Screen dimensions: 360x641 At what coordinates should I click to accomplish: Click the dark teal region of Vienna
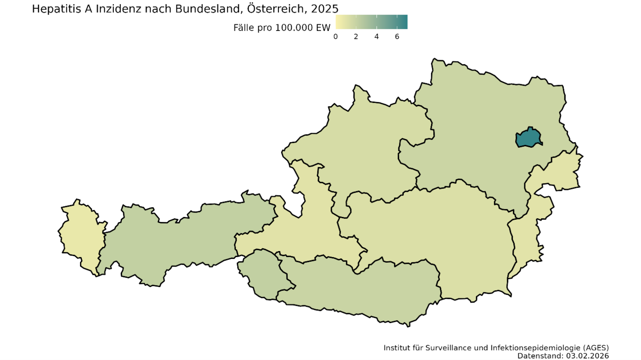(x=529, y=138)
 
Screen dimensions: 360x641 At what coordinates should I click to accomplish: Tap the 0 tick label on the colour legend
(x=335, y=37)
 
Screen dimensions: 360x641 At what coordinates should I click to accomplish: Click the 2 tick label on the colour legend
(x=356, y=37)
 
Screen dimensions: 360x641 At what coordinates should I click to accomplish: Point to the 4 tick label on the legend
(x=377, y=37)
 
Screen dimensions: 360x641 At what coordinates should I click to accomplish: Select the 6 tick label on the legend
(x=397, y=37)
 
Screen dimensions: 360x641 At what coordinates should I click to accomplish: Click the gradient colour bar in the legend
(x=371, y=22)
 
